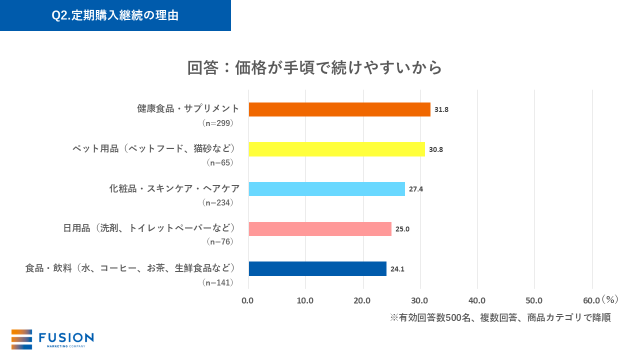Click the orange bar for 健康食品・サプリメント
point(339,109)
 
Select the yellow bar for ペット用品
point(336,149)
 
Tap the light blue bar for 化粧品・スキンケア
point(326,189)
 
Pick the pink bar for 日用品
point(320,229)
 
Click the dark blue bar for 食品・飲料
point(317,269)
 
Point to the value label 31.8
point(441,109)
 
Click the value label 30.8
point(435,149)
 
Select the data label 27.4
point(416,189)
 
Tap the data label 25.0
point(402,229)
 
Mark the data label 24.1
point(397,269)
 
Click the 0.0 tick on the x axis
point(247,300)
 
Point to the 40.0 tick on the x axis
point(477,300)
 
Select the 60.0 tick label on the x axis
point(591,300)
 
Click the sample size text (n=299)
point(218,123)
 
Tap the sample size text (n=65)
point(220,162)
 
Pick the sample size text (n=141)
point(218,282)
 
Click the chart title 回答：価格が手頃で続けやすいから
point(314,67)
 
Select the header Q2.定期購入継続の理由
point(115,15)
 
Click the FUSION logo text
point(66,337)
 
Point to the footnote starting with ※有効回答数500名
point(500,318)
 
